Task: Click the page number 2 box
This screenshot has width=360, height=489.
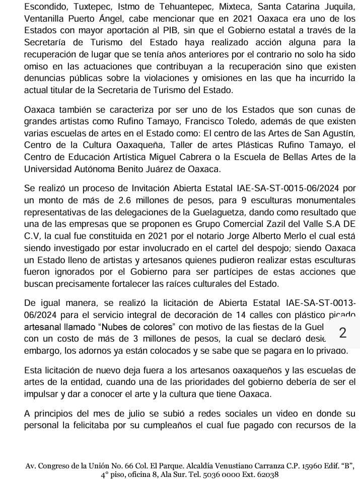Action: pos(343,332)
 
